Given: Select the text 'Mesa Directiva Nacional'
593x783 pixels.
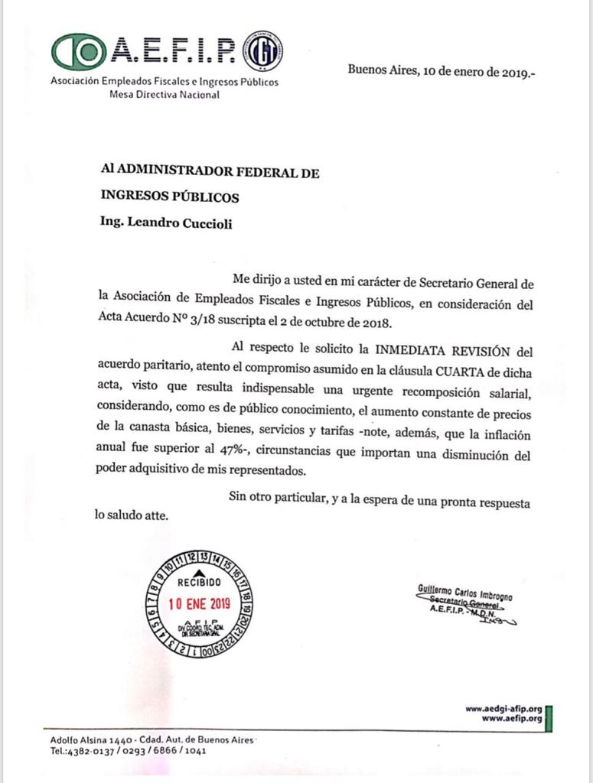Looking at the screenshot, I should [x=165, y=95].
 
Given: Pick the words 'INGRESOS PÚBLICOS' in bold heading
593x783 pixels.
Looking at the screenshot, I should [x=170, y=197].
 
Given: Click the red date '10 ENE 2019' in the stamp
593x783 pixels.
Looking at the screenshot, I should [x=199, y=603].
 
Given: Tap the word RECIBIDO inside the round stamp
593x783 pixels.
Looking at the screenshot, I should [x=199, y=582].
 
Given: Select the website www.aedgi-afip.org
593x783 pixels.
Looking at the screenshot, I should [x=503, y=708].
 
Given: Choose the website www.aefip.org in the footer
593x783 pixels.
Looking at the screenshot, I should [x=512, y=718].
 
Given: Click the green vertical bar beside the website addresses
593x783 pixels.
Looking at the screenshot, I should [x=549, y=714].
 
